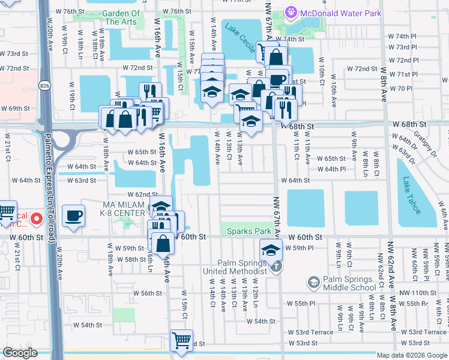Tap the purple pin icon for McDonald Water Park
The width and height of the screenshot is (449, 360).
pos(291,11)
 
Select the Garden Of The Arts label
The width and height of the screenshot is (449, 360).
pos(121,17)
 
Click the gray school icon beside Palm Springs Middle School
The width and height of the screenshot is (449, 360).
pos(313,281)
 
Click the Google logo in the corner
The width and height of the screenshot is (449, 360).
pos(20,353)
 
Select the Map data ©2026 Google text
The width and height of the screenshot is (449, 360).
pos(411,355)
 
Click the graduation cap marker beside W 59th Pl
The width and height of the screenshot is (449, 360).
pos(271,249)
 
